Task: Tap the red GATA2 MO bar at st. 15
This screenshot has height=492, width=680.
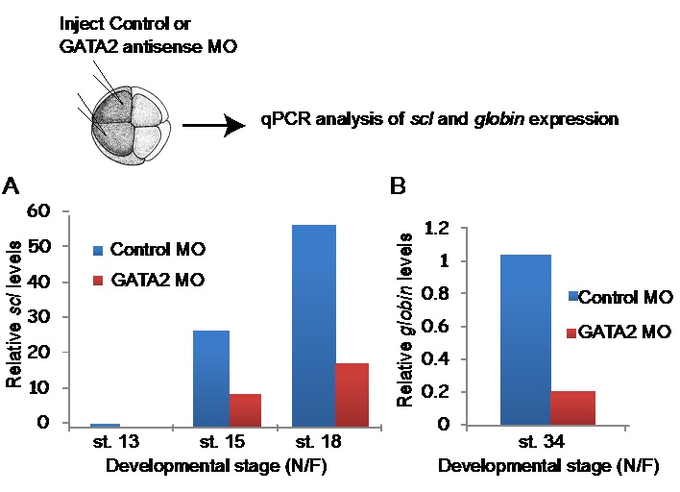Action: [x=246, y=409]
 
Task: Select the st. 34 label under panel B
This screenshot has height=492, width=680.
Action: [x=547, y=444]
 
